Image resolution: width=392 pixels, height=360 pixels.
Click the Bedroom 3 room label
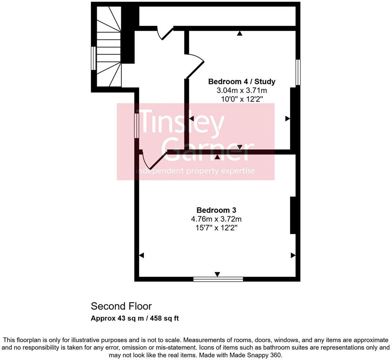[216, 210]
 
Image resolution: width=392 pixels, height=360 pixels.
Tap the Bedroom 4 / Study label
[242, 81]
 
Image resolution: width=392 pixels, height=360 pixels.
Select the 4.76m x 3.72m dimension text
[216, 219]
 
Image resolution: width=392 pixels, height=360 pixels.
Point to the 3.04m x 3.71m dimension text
[242, 90]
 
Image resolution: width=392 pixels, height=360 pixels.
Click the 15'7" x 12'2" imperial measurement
[216, 228]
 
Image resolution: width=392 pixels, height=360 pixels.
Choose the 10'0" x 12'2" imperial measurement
[242, 99]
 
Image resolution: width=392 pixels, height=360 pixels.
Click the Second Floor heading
[121, 306]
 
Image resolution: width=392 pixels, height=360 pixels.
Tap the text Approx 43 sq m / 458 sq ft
[135, 318]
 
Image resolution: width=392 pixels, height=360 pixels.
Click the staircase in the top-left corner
[109, 47]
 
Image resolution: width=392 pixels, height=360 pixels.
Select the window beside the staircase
[94, 58]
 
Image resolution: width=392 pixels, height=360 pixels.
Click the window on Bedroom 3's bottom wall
[218, 279]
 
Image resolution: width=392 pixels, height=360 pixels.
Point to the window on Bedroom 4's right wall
[298, 72]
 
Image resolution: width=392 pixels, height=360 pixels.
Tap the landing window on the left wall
[136, 125]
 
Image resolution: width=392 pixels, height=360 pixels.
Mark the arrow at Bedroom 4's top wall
[240, 34]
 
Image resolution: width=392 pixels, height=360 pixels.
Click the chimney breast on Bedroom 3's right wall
[293, 215]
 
